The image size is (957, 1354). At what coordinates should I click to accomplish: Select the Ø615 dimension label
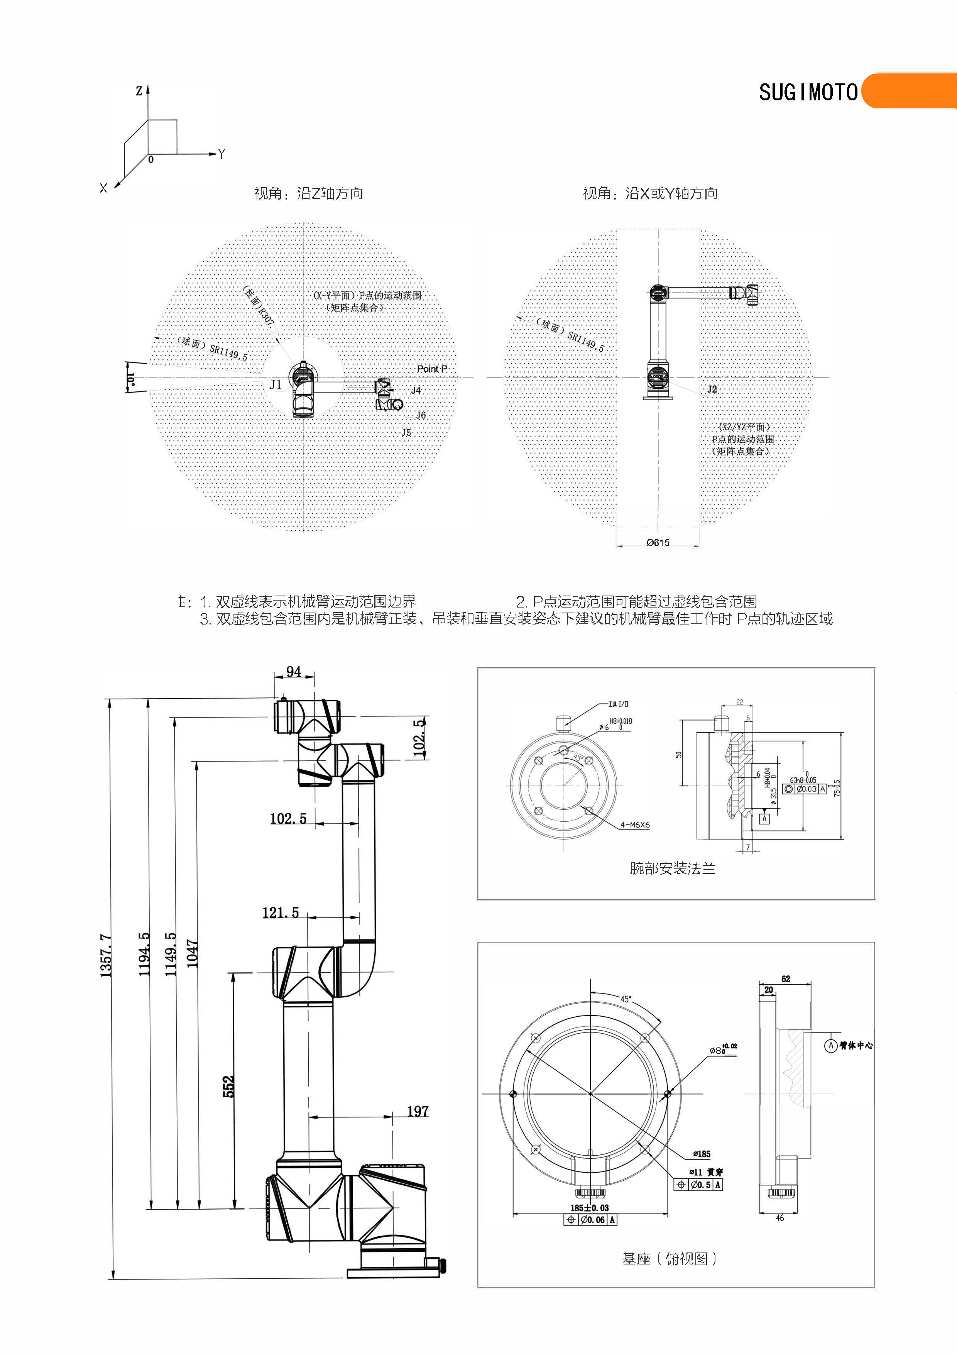(x=658, y=543)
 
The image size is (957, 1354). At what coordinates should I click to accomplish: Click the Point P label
(x=432, y=369)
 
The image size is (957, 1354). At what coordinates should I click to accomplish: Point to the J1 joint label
(x=276, y=384)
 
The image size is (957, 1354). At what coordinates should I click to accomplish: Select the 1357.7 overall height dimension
(x=106, y=955)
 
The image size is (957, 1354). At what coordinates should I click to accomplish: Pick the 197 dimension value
(x=418, y=1111)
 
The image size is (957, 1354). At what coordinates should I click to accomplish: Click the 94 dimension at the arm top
(x=294, y=672)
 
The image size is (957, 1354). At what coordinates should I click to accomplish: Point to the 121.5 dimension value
(x=280, y=913)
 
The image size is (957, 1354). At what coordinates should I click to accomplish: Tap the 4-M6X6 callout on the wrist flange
(x=634, y=825)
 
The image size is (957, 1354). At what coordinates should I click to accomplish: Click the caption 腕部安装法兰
(x=672, y=868)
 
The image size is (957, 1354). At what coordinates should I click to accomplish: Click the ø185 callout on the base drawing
(x=702, y=1154)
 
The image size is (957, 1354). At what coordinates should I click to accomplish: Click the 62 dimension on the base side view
(x=785, y=979)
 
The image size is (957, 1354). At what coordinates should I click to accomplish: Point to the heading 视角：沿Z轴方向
(x=308, y=193)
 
